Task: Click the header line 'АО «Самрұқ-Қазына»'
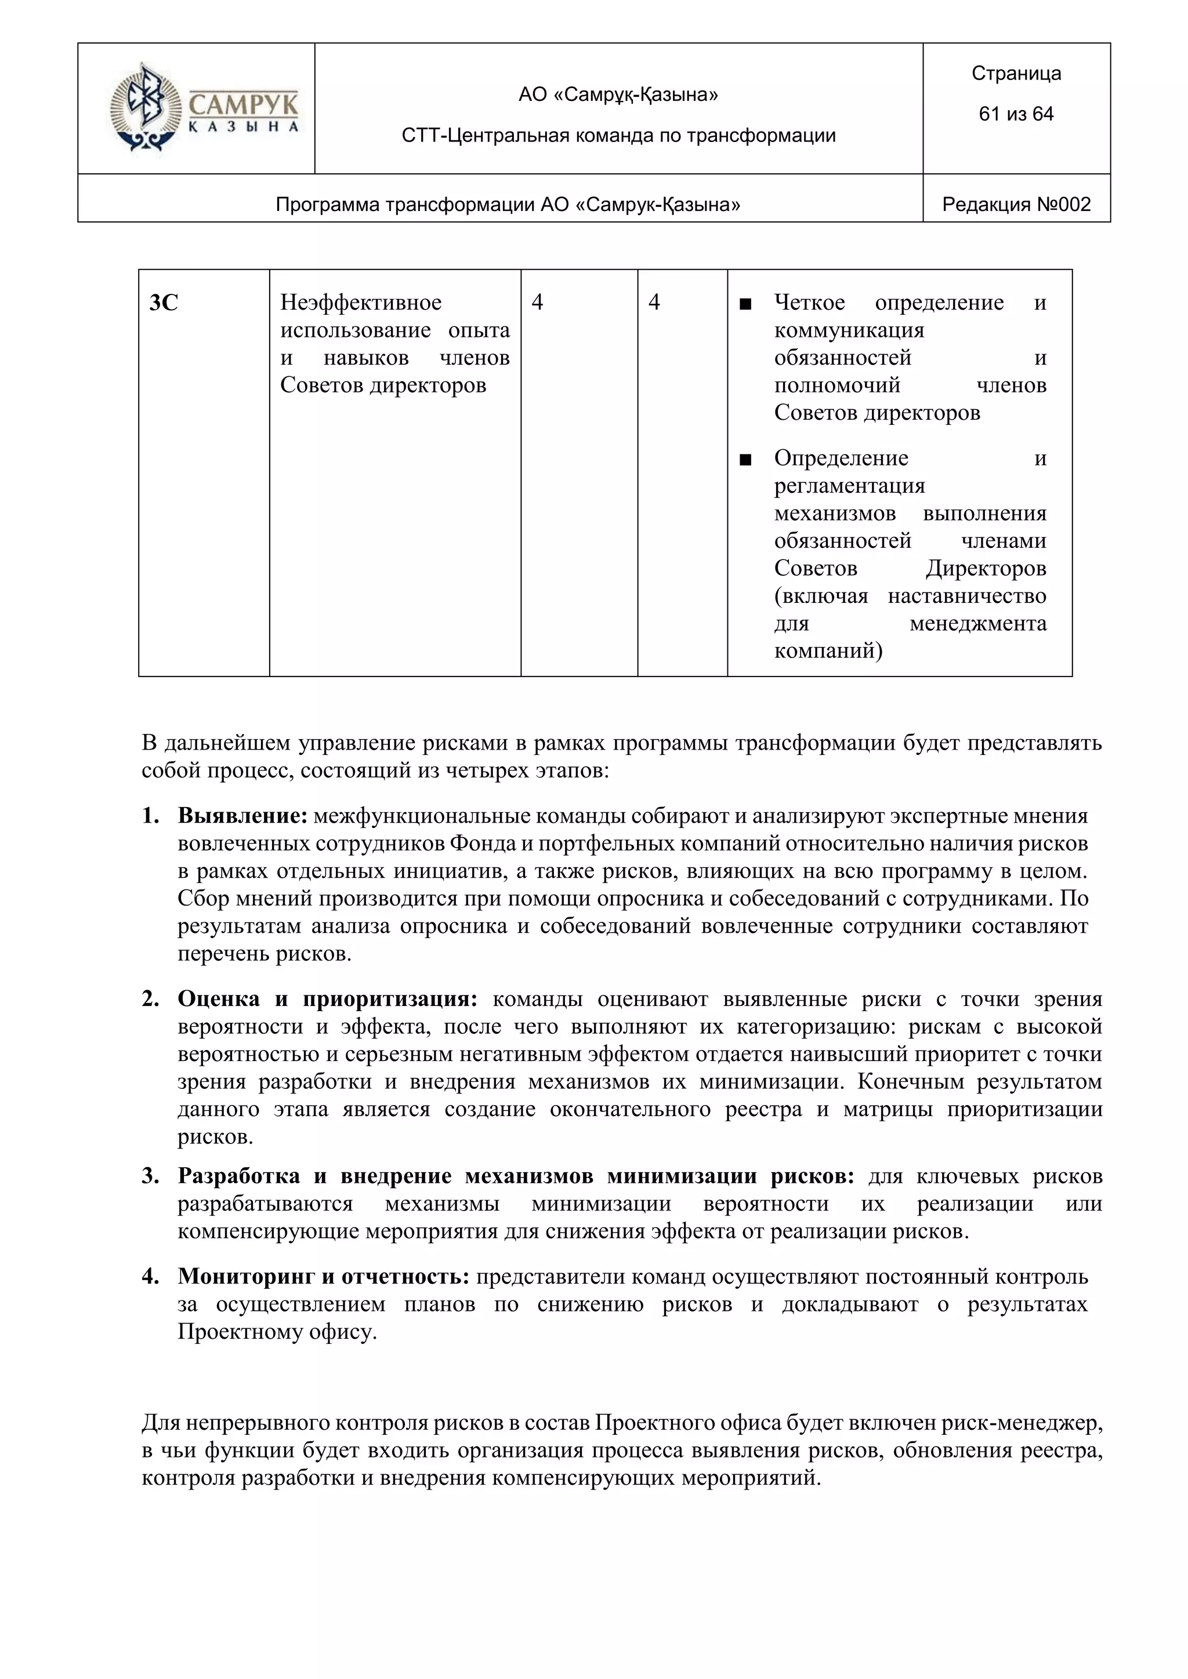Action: point(618,95)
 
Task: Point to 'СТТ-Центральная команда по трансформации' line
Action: point(618,135)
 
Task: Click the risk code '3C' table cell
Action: point(164,303)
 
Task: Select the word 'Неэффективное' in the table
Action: point(361,303)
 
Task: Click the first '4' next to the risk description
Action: point(537,303)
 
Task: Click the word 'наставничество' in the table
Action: point(966,596)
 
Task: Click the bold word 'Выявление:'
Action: point(242,816)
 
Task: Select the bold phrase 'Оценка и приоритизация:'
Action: point(327,999)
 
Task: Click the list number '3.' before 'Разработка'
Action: point(151,1176)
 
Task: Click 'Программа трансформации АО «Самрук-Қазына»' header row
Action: point(508,205)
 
